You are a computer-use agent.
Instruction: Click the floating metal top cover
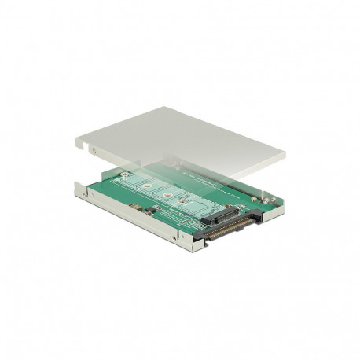point(189,141)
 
